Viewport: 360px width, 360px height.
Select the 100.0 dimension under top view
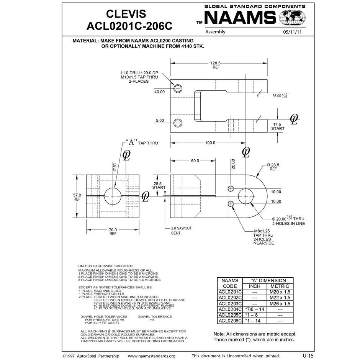tap(210, 143)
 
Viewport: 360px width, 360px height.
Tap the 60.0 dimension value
tap(195, 161)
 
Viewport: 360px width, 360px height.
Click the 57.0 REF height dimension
tap(77, 197)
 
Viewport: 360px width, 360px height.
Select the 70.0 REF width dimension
tap(113, 231)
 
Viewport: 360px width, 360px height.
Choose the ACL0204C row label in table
tap(230, 309)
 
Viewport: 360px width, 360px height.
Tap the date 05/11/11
tap(293, 32)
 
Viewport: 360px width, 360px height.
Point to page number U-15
tap(308, 355)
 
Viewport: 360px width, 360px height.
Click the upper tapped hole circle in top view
tap(178, 88)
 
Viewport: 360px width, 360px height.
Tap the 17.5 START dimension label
tap(278, 126)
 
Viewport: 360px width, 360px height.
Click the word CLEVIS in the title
tap(126, 14)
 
